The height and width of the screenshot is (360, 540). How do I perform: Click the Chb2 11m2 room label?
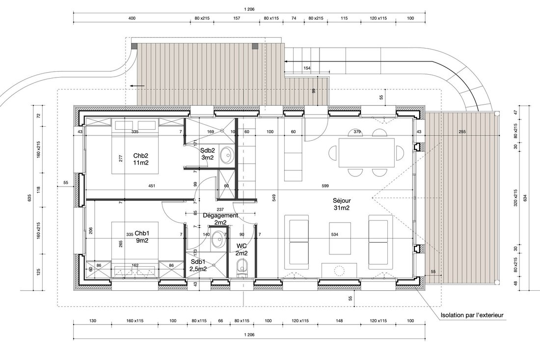[141, 159]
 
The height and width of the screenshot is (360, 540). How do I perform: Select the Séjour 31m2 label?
[342, 204]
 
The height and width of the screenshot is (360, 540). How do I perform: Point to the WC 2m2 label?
[242, 249]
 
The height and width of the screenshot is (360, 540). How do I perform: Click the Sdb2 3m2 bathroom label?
[208, 154]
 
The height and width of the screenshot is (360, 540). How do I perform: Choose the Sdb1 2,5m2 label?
[198, 265]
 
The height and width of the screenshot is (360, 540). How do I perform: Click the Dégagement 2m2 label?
[220, 219]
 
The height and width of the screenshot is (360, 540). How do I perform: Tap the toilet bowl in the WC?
[243, 268]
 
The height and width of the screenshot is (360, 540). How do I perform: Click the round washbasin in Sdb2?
[227, 156]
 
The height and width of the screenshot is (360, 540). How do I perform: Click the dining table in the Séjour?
[366, 153]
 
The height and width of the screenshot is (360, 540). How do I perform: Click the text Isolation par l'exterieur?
[472, 315]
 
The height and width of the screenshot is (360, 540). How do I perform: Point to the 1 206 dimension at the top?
[249, 9]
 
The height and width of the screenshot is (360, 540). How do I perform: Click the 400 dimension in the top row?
[132, 18]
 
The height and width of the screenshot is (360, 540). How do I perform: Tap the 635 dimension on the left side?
[29, 198]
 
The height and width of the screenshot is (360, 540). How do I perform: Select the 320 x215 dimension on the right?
[515, 198]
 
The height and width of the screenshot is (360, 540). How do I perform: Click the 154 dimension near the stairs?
[307, 68]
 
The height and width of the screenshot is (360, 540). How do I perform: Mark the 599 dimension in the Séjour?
[325, 186]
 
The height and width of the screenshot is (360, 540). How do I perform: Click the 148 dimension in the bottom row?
[339, 321]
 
